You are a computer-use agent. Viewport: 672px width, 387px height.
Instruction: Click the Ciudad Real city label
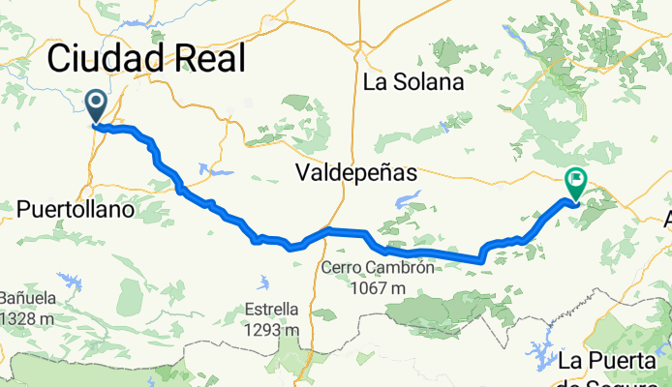[x=145, y=59]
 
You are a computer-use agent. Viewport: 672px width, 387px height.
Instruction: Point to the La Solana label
[x=413, y=83]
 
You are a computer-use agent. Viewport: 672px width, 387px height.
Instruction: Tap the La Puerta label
[x=613, y=361]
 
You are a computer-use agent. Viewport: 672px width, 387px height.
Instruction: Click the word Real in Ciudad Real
[x=205, y=59]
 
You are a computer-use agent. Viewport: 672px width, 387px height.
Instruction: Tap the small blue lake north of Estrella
[x=264, y=283]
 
